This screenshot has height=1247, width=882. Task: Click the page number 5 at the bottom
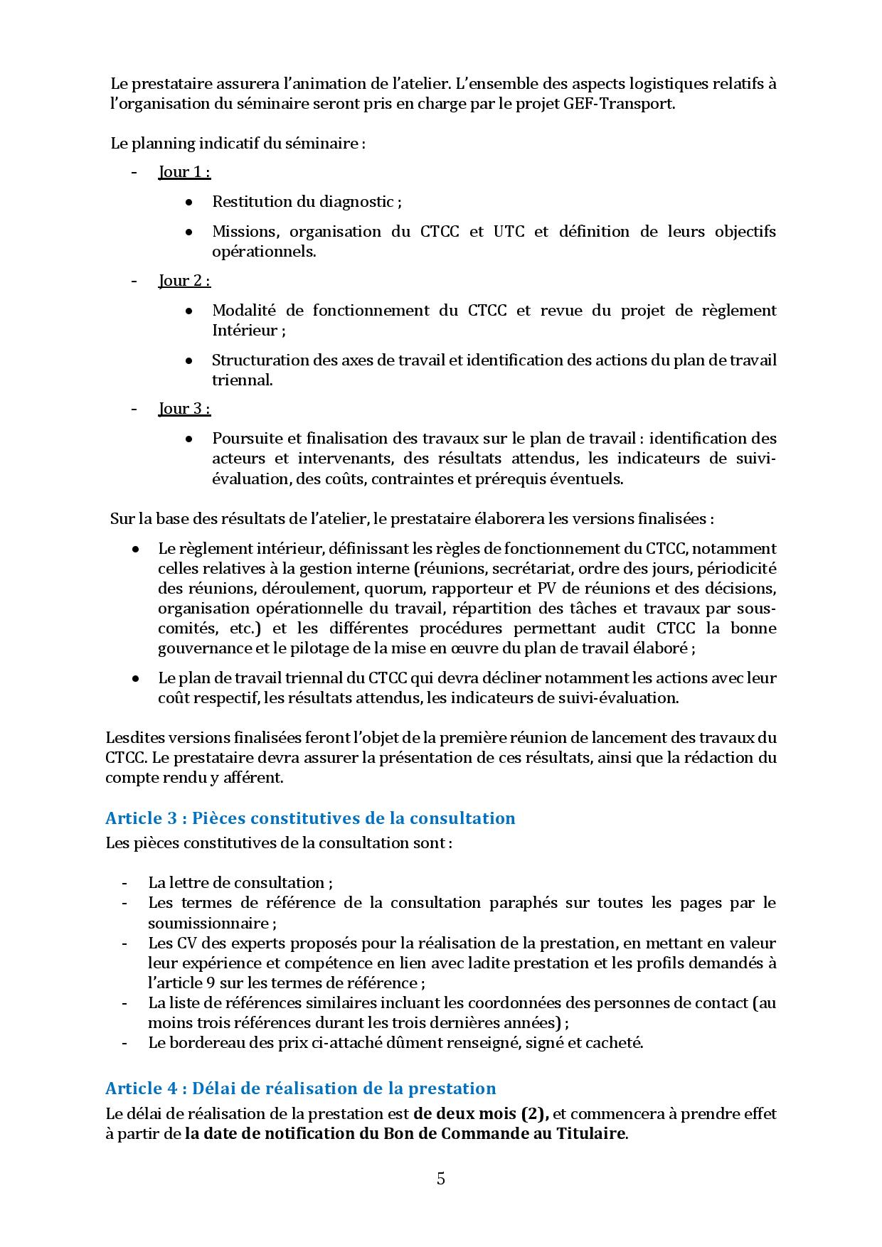[x=441, y=1179]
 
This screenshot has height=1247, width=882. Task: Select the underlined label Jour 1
[x=184, y=172]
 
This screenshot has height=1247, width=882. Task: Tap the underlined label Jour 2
[x=184, y=281]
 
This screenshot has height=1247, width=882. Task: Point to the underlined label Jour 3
[x=184, y=409]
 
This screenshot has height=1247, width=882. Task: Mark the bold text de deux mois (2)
[x=481, y=1113]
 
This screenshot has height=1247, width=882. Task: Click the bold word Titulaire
[x=590, y=1133]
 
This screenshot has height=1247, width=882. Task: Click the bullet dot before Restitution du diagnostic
[x=189, y=203]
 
